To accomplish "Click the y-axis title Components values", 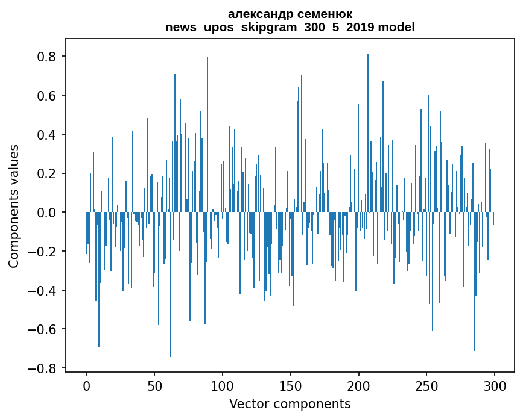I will click(14, 206).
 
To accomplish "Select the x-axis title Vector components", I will click(290, 403).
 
